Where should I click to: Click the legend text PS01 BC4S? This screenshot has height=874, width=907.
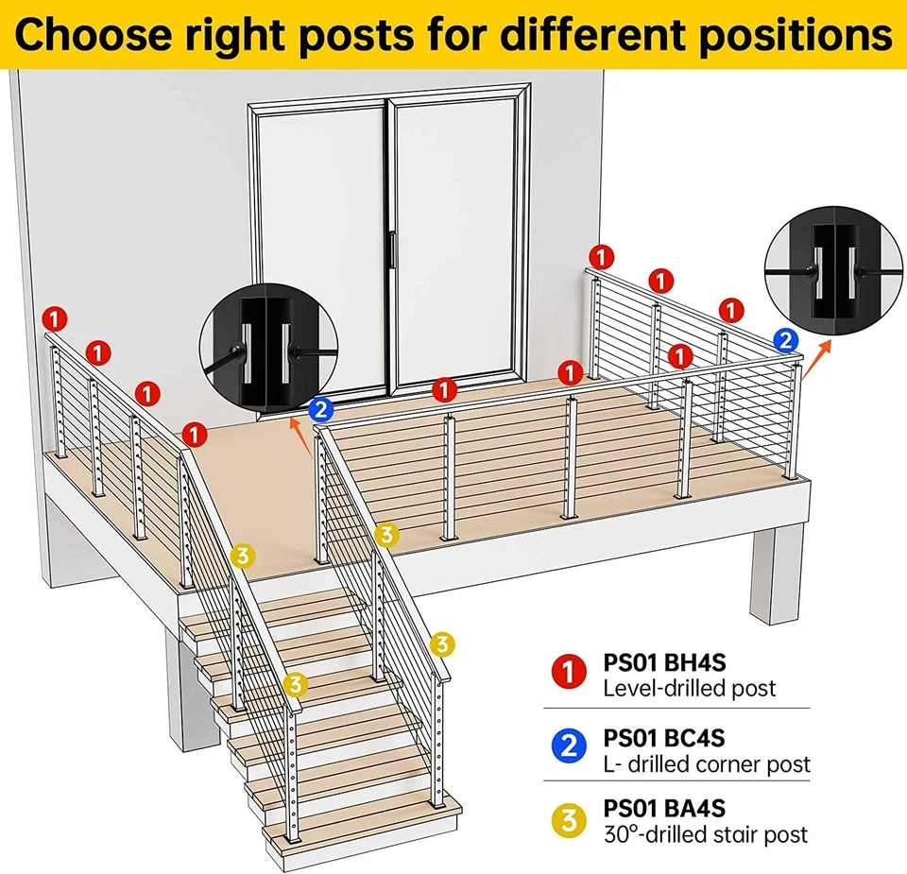coord(663,737)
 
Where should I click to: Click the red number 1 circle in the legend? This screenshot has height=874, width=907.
coord(569,673)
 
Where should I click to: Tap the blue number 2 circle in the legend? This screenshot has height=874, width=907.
coord(569,746)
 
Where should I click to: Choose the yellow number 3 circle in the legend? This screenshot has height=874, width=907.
coord(569,820)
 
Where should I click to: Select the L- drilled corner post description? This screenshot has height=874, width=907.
coord(706,763)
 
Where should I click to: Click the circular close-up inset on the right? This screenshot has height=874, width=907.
coord(830,269)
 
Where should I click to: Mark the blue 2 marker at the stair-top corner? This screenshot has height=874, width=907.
coord(320,409)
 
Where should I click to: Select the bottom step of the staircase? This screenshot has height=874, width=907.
coord(364,818)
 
